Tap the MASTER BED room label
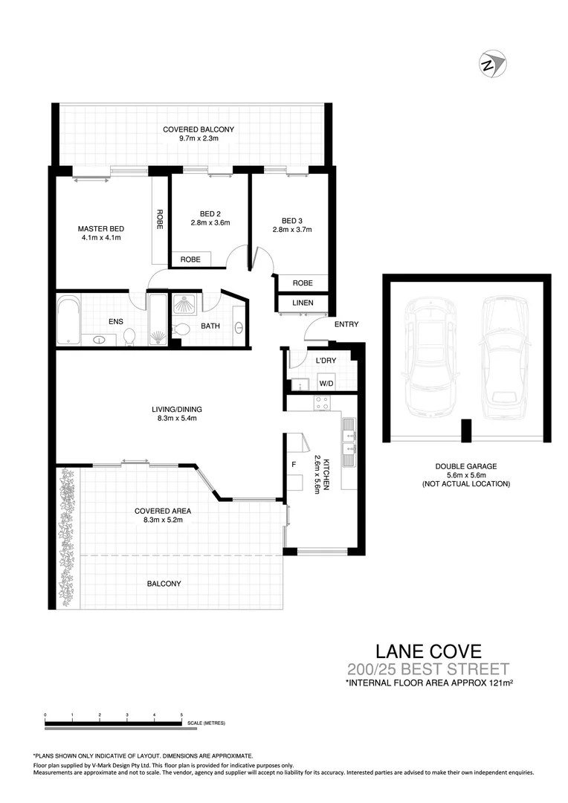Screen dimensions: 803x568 coord(101,228)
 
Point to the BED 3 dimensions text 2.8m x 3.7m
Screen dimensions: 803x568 coord(291,230)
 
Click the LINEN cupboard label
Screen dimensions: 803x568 coord(303,303)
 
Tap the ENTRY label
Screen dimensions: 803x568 coord(346,324)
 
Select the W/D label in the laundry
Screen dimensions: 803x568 coord(326,384)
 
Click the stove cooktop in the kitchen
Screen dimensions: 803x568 coord(323,403)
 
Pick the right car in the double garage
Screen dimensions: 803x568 coord(504,357)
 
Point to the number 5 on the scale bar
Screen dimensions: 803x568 coord(182,715)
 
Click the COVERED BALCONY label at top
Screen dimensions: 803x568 coord(199,129)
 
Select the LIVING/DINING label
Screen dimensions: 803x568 coord(177,409)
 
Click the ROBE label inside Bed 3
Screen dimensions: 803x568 coord(303,283)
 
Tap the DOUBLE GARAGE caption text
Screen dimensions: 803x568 coord(466,466)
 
